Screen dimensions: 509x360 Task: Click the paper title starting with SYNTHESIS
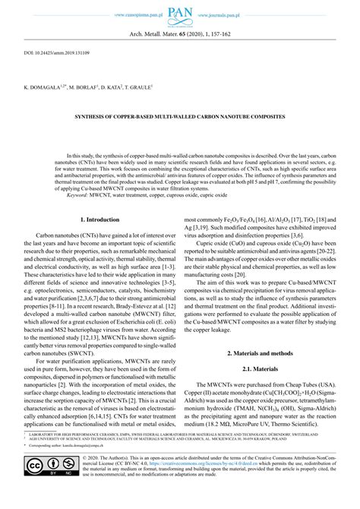[x=179, y=117]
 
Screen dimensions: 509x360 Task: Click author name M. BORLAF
[x=84, y=87]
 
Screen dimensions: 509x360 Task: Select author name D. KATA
[x=110, y=87]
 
